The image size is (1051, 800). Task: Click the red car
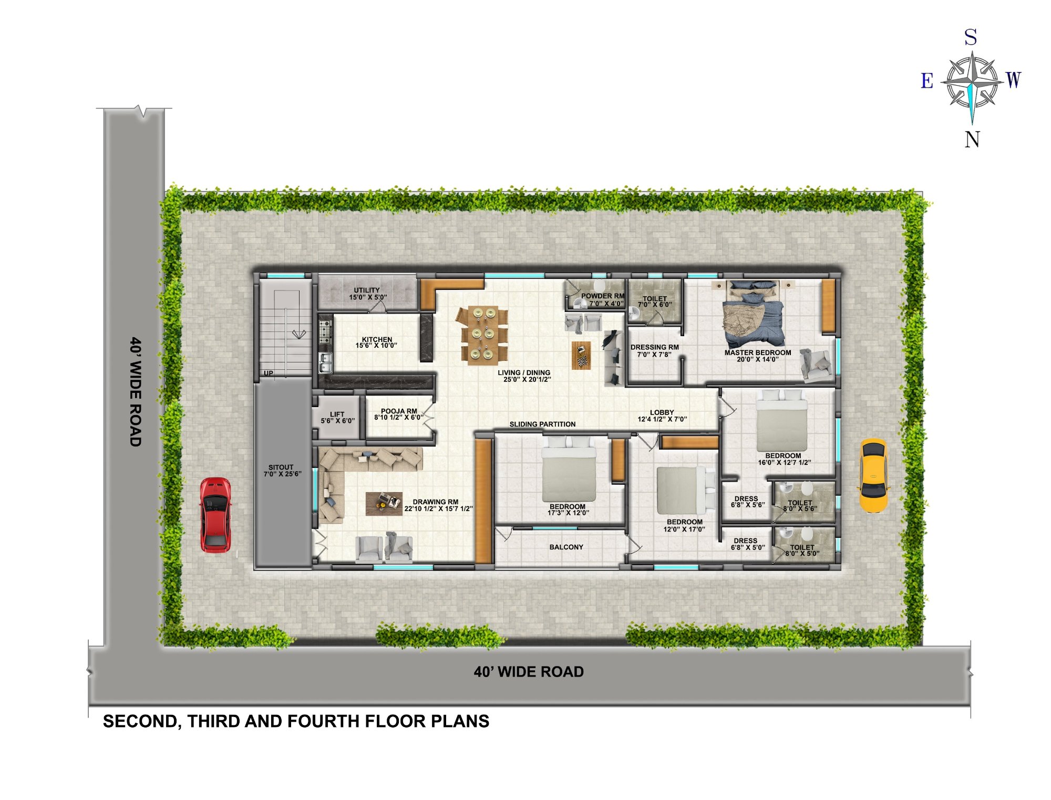click(x=215, y=515)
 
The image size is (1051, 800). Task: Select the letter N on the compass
click(x=972, y=139)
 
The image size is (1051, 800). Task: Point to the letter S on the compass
click(x=971, y=38)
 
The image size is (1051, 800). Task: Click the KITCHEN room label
click(x=377, y=339)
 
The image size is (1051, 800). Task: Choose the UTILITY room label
click(x=367, y=290)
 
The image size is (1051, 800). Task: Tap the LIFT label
click(x=337, y=414)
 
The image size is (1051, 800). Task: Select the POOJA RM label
click(x=399, y=411)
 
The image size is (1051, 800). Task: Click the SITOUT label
click(x=281, y=467)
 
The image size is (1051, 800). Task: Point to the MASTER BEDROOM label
click(x=757, y=352)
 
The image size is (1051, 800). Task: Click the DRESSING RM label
click(x=654, y=347)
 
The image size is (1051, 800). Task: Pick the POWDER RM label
click(x=603, y=296)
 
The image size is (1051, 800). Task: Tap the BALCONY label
click(x=566, y=547)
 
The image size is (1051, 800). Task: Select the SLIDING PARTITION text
click(x=542, y=424)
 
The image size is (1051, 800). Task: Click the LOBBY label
click(x=662, y=412)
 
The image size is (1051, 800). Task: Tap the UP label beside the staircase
click(x=269, y=373)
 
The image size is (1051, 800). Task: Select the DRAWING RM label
click(x=435, y=502)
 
